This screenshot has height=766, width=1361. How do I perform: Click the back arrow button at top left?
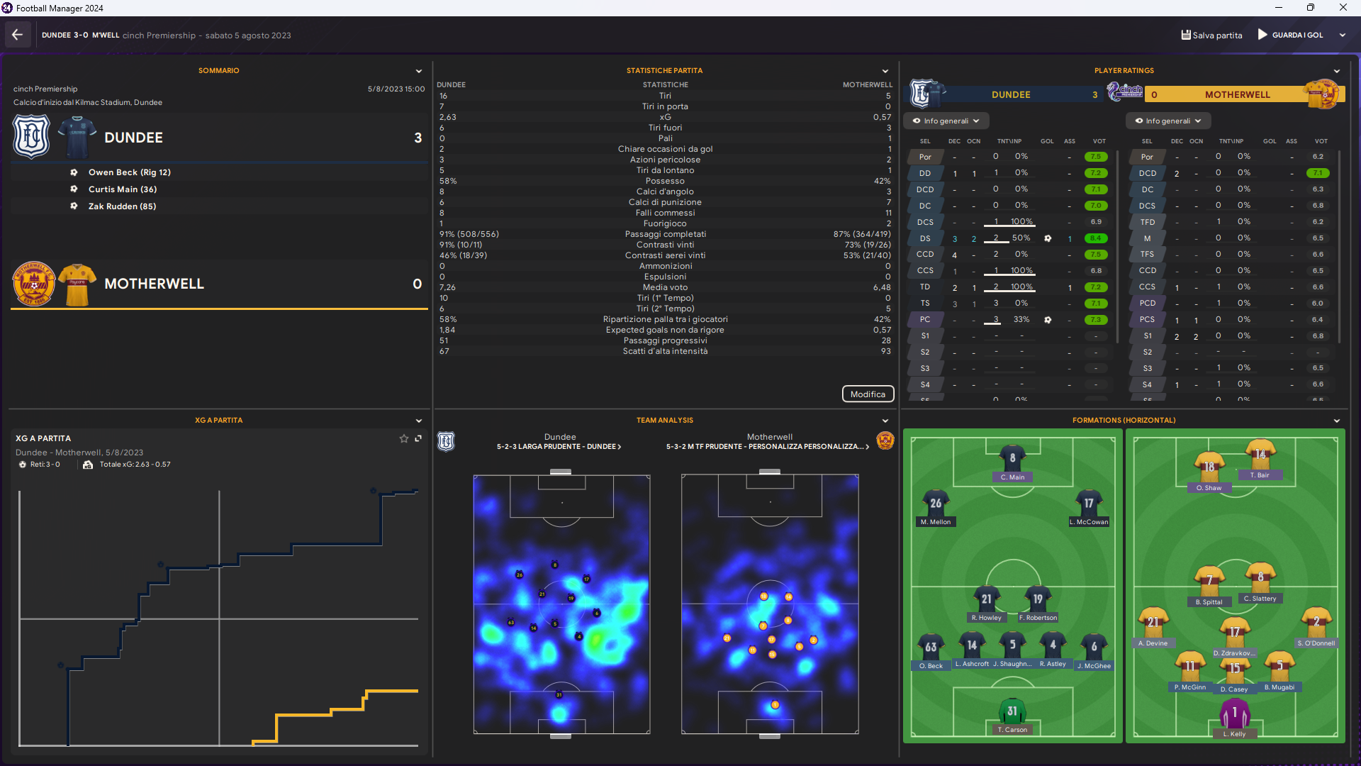pos(18,35)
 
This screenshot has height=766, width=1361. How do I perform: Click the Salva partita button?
pos(1211,35)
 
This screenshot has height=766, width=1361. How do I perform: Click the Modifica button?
pos(868,394)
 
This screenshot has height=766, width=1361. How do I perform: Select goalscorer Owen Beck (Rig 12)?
pos(129,172)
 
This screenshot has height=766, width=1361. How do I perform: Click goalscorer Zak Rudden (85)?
pos(122,206)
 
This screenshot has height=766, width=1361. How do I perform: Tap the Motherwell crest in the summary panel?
pos(33,284)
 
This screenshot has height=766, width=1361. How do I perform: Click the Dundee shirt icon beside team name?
pos(77,138)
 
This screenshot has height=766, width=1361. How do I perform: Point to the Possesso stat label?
pos(665,181)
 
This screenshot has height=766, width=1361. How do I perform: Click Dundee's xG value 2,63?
pos(447,117)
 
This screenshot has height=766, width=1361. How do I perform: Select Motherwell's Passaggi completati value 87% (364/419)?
pos(862,234)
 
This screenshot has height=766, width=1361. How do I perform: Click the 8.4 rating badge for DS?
pos(1096,238)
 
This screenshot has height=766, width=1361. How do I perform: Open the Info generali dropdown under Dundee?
pos(946,121)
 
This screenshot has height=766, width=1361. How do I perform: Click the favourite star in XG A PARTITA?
pos(404,439)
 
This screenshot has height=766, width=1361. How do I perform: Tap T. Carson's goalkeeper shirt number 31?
pos(1012,711)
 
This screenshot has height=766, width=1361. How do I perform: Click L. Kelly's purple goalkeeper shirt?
pos(1234,714)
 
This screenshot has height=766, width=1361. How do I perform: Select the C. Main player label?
pos(1012,477)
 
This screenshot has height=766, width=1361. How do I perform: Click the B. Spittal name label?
pos(1209,602)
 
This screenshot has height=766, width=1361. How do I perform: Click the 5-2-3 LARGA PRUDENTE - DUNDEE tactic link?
pos(559,447)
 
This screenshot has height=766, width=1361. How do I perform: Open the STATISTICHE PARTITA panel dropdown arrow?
pos(885,71)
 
